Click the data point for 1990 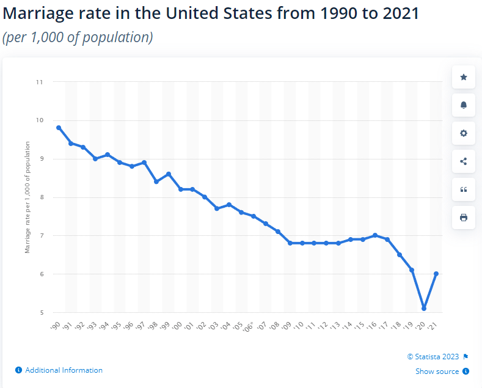pyautogui.click(x=59, y=128)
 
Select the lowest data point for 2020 pyautogui.click(x=424, y=309)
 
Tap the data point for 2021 pyautogui.click(x=436, y=274)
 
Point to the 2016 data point pyautogui.click(x=375, y=235)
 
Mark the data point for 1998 pyautogui.click(x=156, y=181)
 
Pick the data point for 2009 pyautogui.click(x=290, y=243)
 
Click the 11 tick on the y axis pyautogui.click(x=40, y=81)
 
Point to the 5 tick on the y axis pyautogui.click(x=41, y=312)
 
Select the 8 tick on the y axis pyautogui.click(x=41, y=197)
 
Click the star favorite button pyautogui.click(x=463, y=77)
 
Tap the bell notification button pyautogui.click(x=463, y=105)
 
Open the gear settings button pyautogui.click(x=463, y=133)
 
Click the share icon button pyautogui.click(x=463, y=161)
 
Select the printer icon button pyautogui.click(x=463, y=218)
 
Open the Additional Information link pyautogui.click(x=64, y=370)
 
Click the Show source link pyautogui.click(x=437, y=371)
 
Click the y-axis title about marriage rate pyautogui.click(x=27, y=197)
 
